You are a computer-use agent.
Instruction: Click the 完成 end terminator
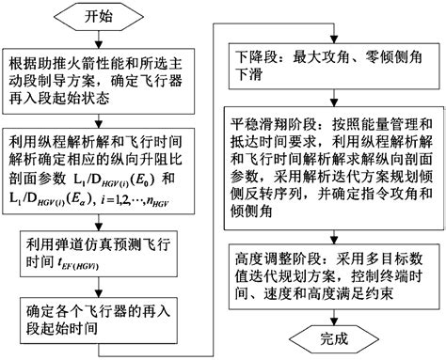pyautogui.click(x=335, y=336)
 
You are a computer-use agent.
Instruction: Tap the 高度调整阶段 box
pyautogui.click(x=335, y=272)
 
